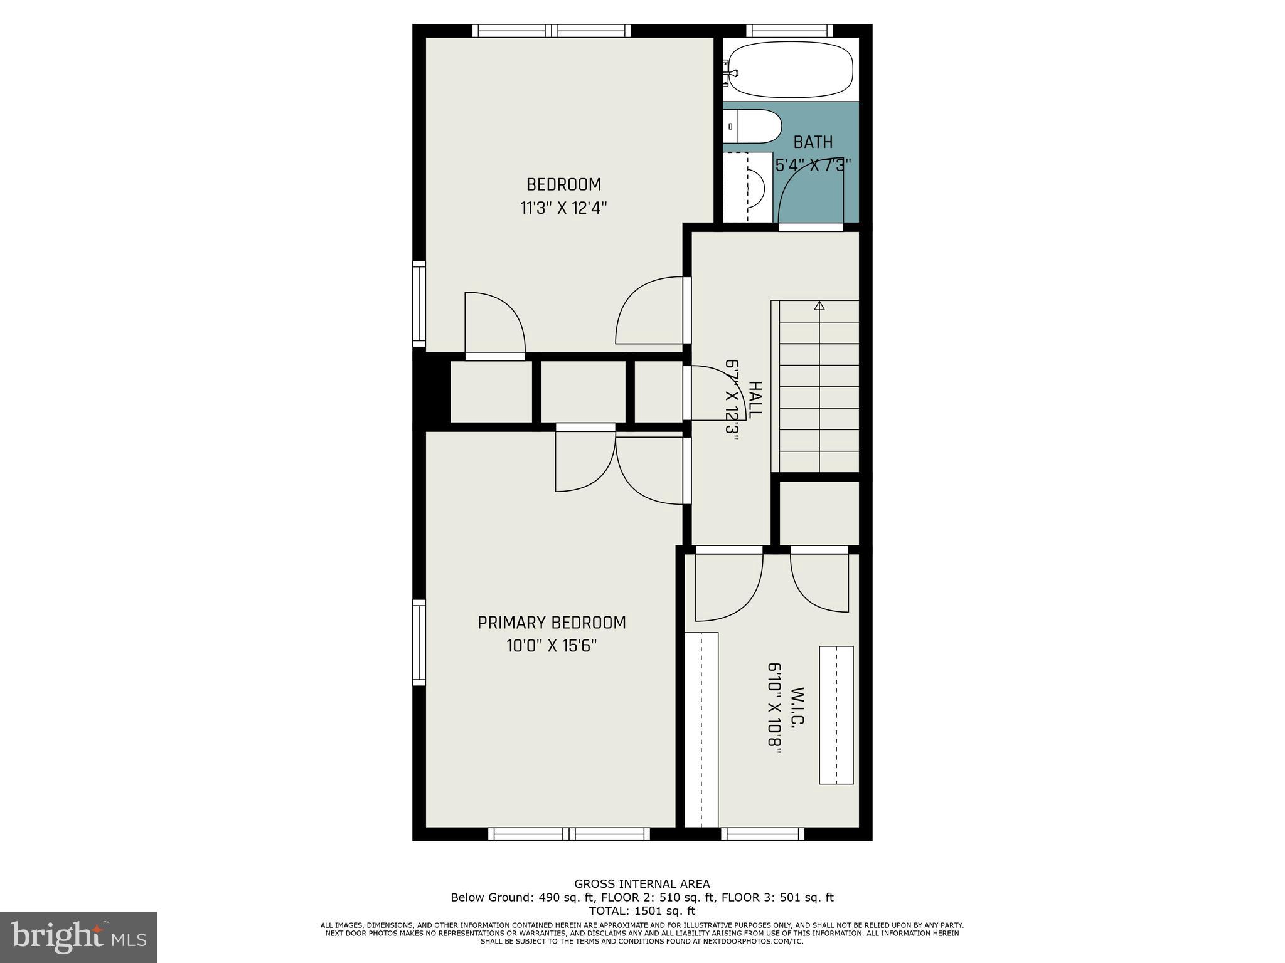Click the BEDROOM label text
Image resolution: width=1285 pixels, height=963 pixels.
pos(563,184)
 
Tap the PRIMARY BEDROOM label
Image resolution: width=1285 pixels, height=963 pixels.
pos(552,623)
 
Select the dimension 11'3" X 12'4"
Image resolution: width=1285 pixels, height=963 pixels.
pos(563,208)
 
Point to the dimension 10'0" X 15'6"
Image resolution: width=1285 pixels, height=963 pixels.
pos(552,646)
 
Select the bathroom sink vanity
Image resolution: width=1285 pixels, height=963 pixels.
pos(747,187)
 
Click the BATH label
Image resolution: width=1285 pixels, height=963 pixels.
pos(813,142)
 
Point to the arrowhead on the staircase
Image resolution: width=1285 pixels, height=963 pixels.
pos(819,306)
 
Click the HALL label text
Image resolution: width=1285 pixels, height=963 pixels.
pos(755,399)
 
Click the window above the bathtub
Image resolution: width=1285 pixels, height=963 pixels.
pos(789,31)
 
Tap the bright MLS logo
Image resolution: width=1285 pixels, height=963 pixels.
pos(78,937)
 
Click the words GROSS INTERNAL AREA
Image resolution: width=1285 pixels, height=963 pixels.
pos(642,884)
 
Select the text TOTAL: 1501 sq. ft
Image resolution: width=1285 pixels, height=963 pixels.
pos(642,911)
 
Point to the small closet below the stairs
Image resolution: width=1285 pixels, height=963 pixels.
pos(819,513)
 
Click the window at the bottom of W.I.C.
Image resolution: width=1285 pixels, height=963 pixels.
pos(762,834)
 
